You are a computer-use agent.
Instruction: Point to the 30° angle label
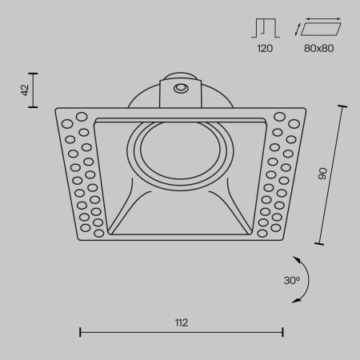[291, 281]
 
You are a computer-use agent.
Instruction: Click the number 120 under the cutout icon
[264, 50]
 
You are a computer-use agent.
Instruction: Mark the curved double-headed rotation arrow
[303, 279]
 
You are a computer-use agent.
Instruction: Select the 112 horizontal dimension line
[182, 331]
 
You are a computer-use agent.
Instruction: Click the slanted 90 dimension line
[334, 173]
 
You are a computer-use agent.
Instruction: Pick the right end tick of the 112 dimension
[283, 331]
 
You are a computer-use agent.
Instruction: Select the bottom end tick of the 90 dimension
[320, 242]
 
